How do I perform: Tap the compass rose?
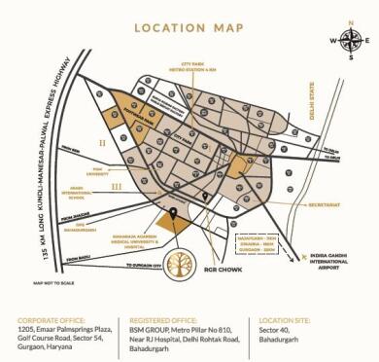(x=352, y=41)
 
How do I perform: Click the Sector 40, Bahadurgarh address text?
(x=281, y=336)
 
